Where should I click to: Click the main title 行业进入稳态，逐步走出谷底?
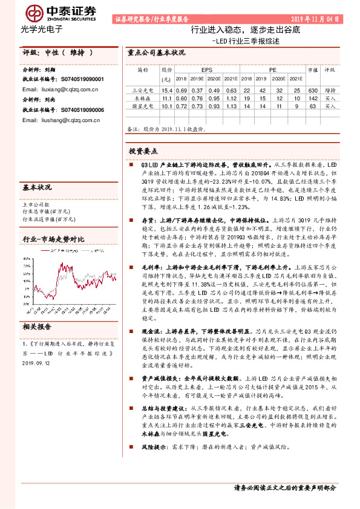point(245,30)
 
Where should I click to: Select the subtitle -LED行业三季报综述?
point(246,41)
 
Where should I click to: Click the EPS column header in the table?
point(198,70)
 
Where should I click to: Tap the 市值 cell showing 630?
point(312,89)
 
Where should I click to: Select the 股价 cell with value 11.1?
point(167,97)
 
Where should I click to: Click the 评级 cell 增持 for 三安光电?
point(330,89)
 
